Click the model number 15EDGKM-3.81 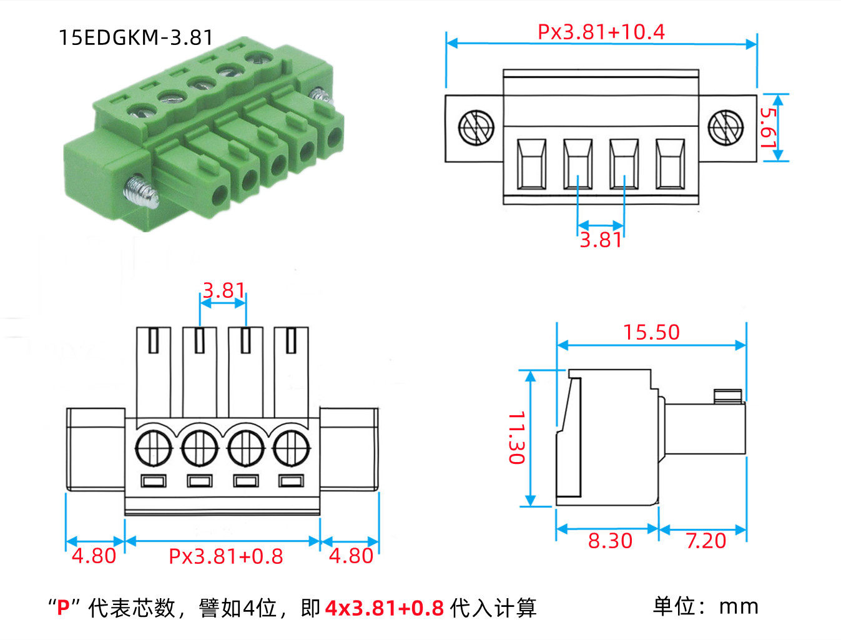tap(136, 37)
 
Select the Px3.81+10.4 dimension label tap(601, 31)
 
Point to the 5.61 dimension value tap(769, 127)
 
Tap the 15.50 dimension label tap(651, 332)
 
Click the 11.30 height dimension tap(516, 437)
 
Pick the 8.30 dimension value tap(610, 541)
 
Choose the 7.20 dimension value tap(706, 541)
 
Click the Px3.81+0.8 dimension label tap(226, 556)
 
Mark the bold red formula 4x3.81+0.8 tap(384, 608)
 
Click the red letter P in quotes tap(63, 608)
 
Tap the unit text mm tap(739, 606)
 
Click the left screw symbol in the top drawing tap(476, 127)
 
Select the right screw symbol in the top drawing tap(725, 127)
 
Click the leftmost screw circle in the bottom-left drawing tap(154, 447)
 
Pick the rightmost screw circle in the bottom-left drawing tap(291, 447)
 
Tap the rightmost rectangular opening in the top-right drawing tap(670, 164)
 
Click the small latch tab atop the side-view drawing tap(728, 395)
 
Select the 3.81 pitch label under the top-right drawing tap(601, 240)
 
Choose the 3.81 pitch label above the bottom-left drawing tap(223, 290)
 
